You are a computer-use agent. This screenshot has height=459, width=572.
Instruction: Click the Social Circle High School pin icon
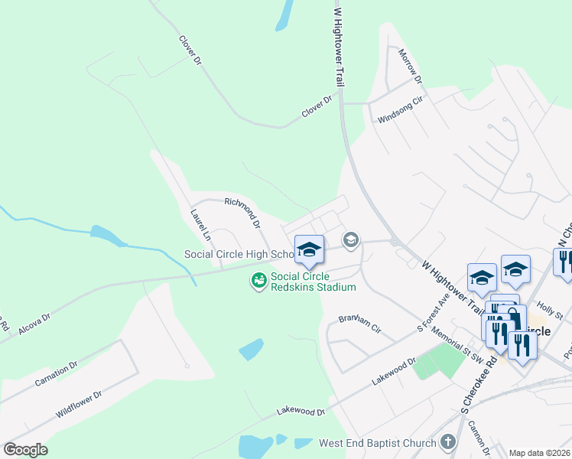pos(309,249)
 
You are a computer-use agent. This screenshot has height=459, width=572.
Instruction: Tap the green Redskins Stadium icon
pos(259,282)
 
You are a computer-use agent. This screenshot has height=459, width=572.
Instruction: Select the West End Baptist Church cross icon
pos(448,442)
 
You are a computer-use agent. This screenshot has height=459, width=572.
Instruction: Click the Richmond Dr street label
pos(243,213)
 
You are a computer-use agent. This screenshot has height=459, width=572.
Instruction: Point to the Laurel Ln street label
pos(200,226)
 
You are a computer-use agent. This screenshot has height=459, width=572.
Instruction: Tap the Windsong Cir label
pos(400,112)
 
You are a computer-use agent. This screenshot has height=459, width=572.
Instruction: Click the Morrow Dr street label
pos(410,67)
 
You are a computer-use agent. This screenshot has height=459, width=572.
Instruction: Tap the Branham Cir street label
pos(360,327)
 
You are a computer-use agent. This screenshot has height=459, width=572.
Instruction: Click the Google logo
pos(25,450)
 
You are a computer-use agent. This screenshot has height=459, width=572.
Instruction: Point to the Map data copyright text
pos(539,453)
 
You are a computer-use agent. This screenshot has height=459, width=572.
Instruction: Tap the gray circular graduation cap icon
pos(350,241)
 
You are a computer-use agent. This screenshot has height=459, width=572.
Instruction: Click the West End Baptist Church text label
pos(378,443)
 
